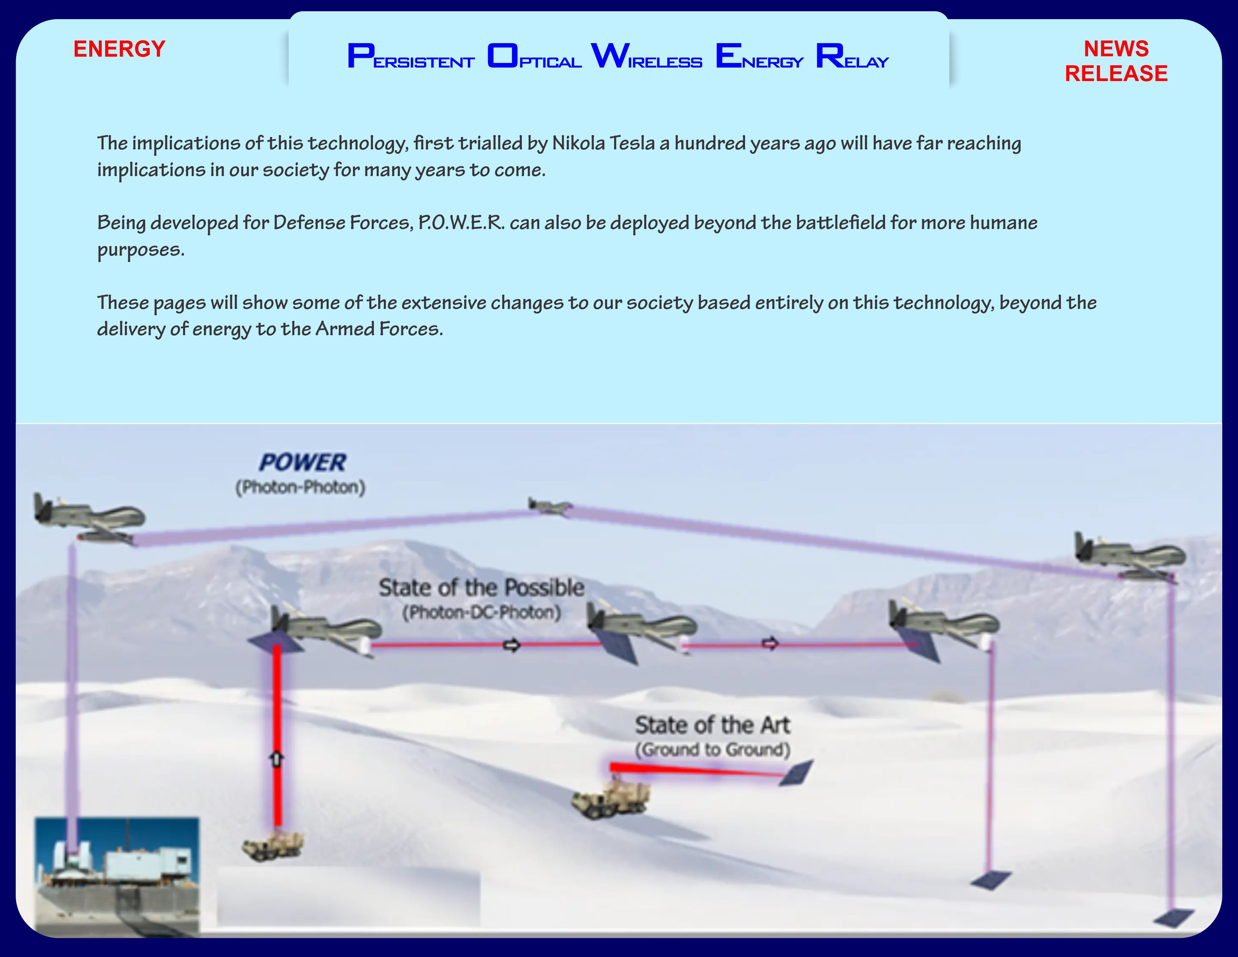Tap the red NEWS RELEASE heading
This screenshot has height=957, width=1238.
click(1116, 61)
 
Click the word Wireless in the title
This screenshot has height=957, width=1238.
click(646, 56)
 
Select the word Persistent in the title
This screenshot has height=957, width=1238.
click(410, 56)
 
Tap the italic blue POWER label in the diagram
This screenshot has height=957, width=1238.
click(302, 463)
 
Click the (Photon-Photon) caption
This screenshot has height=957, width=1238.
click(300, 488)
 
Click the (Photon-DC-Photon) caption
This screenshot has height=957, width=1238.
click(481, 613)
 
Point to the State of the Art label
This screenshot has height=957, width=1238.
click(712, 725)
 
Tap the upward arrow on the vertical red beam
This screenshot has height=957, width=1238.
click(276, 758)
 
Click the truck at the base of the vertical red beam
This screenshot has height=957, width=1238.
click(273, 846)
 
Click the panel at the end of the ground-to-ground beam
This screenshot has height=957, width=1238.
click(796, 773)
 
